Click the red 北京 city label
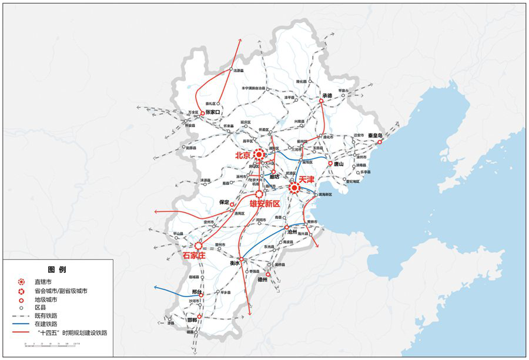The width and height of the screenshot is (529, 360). [243, 156]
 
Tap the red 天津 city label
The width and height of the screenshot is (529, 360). [307, 179]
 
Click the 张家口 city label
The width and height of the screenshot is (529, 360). [212, 112]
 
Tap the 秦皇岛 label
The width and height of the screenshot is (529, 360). [376, 135]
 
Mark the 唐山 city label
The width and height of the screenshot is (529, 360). [339, 164]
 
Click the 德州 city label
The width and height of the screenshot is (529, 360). [263, 280]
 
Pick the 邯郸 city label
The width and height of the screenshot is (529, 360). [192, 320]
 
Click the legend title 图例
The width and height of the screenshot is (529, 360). [57, 269]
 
